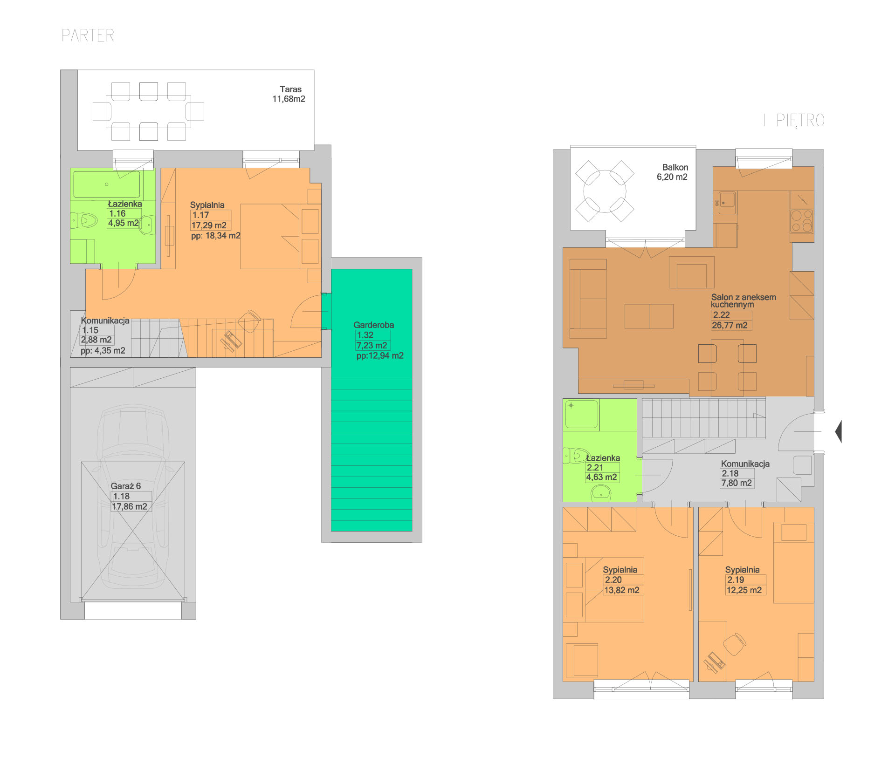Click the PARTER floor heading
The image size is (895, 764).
[88, 35]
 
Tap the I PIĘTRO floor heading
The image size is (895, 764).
[794, 121]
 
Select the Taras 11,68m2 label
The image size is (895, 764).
[289, 94]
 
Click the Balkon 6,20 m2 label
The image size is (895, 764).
[672, 172]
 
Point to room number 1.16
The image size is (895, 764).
[117, 213]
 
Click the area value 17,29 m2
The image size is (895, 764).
[209, 225]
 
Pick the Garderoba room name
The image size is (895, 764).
[373, 325]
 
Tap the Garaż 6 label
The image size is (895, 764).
[125, 486]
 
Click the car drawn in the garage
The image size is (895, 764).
[133, 501]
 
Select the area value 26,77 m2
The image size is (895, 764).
[730, 325]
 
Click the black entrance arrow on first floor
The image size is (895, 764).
[838, 431]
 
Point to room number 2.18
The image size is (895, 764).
[730, 473]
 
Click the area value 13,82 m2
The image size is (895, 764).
[622, 590]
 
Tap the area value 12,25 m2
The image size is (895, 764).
[744, 590]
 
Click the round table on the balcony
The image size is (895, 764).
[605, 191]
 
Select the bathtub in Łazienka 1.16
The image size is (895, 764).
[107, 184]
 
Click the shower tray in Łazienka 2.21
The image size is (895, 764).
[582, 414]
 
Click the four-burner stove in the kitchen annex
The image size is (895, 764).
[802, 221]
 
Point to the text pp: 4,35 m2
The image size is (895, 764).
[103, 350]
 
